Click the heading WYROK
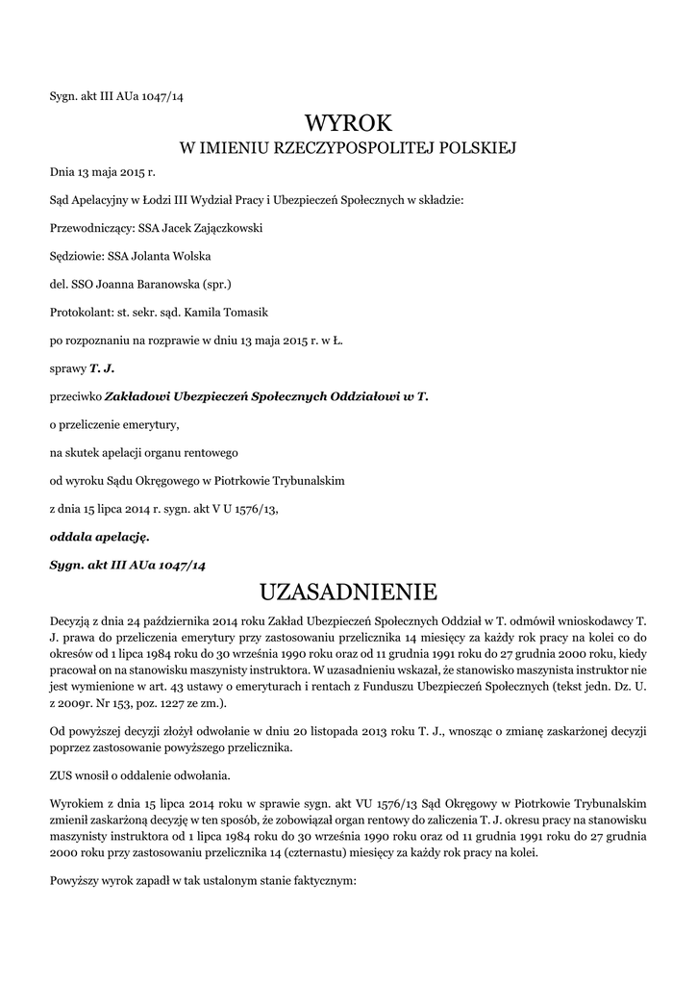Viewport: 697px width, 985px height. pyautogui.click(x=349, y=123)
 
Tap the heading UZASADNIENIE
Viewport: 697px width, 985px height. pyautogui.click(x=349, y=589)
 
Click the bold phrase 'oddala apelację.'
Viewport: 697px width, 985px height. pyautogui.click(x=100, y=536)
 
